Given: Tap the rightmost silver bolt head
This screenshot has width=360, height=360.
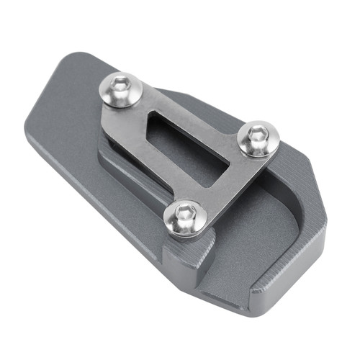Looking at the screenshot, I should coord(257,138).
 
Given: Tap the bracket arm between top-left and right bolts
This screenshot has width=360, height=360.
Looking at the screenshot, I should coord(194,108).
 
